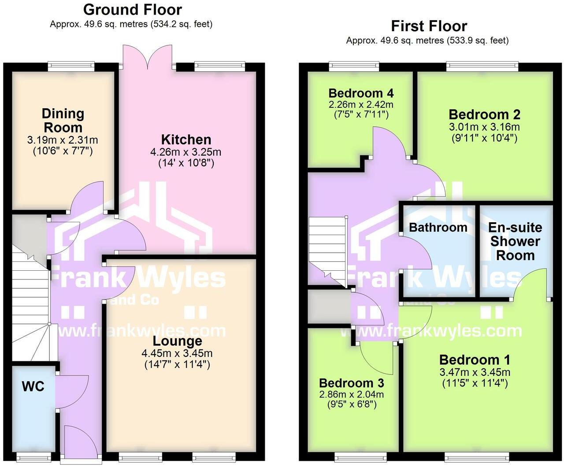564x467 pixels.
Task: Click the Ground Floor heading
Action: (x=132, y=9)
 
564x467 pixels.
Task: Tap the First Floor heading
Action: (x=429, y=26)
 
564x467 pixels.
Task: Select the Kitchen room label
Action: (x=186, y=140)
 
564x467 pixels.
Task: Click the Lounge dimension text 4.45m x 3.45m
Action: (x=177, y=353)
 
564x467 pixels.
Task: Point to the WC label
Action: (x=33, y=386)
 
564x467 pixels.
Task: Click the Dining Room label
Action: (x=63, y=121)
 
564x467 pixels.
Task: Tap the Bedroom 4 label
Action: (x=361, y=93)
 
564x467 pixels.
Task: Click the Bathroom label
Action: (x=438, y=227)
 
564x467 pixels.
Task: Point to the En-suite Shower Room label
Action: (x=515, y=241)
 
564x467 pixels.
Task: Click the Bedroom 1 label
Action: (x=475, y=360)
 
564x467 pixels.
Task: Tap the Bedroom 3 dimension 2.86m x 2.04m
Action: (x=352, y=394)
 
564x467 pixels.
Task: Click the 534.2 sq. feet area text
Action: (x=181, y=24)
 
